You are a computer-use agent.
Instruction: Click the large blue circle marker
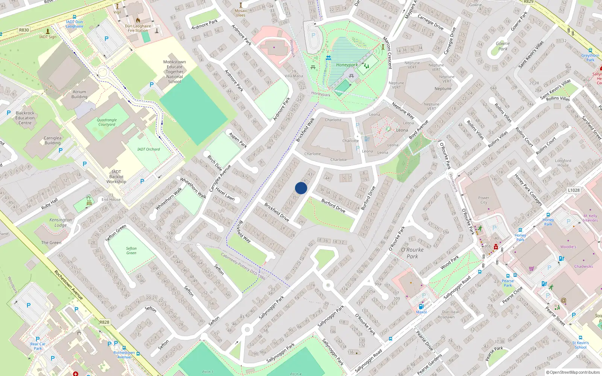[x=301, y=188]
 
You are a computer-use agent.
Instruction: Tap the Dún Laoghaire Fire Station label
[x=138, y=28]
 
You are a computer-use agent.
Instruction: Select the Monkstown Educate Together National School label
[x=175, y=71]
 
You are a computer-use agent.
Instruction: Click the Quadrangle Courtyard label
[x=107, y=122]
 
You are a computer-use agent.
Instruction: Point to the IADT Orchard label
[x=149, y=149]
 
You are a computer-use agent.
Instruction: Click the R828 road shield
[x=105, y=322]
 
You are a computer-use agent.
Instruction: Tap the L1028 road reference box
[x=574, y=190]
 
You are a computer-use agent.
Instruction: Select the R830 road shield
[x=24, y=30]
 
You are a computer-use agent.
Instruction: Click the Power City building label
[x=484, y=200]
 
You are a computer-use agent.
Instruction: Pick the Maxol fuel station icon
[x=421, y=307]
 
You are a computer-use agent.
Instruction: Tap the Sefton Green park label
[x=131, y=250]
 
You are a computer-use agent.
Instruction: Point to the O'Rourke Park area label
[x=412, y=253]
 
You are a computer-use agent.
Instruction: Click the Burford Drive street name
[x=333, y=206]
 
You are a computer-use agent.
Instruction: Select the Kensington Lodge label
[x=61, y=222]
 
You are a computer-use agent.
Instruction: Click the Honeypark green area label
[x=347, y=65]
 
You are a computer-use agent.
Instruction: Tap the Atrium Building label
[x=79, y=94]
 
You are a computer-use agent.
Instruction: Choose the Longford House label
[x=563, y=163]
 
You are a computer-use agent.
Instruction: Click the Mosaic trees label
[x=241, y=13]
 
